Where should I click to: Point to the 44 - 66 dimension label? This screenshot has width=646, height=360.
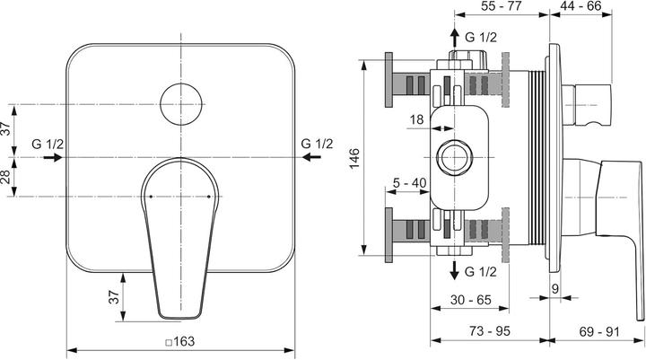607,6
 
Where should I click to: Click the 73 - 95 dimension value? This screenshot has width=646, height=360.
489,331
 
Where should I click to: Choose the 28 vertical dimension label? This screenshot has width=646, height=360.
6,177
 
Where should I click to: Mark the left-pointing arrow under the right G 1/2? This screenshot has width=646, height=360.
311,157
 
